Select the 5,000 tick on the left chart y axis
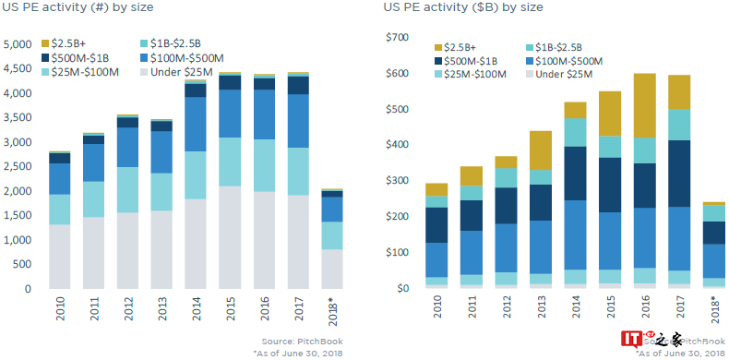pos(18,44)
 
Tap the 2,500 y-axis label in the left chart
pos(18,167)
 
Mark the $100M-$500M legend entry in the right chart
pos(566,61)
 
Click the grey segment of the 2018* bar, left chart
pos(332,269)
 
